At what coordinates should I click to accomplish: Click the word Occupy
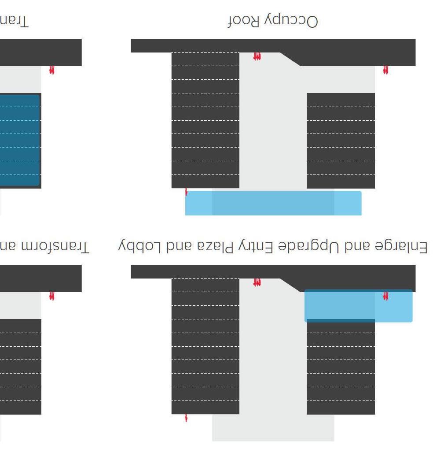[x=291, y=21]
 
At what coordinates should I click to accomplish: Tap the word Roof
[x=243, y=21]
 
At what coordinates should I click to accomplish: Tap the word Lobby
[x=141, y=247]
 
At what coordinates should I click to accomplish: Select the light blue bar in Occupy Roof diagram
[x=273, y=203]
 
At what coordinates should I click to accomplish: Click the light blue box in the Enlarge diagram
[x=358, y=306]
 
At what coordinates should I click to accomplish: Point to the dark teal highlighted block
[x=19, y=140]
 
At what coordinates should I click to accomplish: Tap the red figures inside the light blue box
[x=386, y=296]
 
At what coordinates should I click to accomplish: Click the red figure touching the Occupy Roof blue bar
[x=186, y=192]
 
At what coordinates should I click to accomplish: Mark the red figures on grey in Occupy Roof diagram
[x=257, y=56]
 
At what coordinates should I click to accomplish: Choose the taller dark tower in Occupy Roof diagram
[x=205, y=120]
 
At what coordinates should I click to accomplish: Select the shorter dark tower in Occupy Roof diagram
[x=341, y=141]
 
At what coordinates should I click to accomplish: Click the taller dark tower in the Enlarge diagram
[x=205, y=346]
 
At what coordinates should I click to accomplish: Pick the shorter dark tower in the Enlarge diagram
[x=341, y=368]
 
